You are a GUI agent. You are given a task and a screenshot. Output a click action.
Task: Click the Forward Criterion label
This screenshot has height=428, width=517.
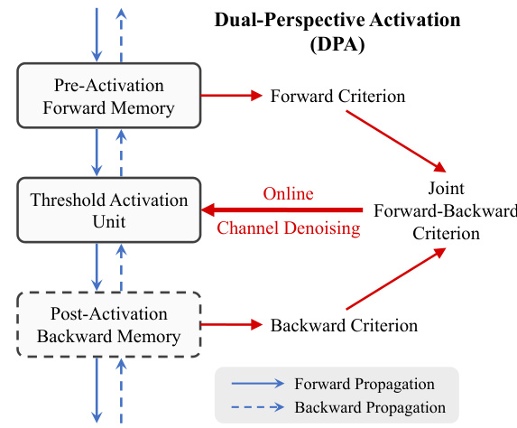(x=337, y=97)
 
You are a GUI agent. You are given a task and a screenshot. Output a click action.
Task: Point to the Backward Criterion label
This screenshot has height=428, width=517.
(x=344, y=325)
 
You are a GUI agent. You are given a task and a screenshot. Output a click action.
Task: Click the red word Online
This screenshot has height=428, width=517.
(x=288, y=194)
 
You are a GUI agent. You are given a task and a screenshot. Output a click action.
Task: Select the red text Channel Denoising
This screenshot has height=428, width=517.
(x=289, y=228)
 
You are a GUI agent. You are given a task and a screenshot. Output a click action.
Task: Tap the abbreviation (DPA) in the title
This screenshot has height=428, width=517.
(x=337, y=44)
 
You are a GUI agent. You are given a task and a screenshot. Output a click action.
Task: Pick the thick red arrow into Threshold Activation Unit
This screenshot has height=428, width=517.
(x=282, y=209)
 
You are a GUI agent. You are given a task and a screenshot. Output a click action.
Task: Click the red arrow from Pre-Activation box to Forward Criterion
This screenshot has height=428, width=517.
(x=232, y=96)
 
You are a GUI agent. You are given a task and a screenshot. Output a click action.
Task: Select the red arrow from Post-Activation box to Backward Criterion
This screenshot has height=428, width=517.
(x=232, y=325)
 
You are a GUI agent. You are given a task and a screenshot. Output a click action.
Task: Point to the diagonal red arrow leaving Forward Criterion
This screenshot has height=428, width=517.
(x=396, y=141)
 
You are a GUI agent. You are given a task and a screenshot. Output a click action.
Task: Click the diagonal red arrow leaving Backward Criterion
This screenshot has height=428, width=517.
(x=396, y=279)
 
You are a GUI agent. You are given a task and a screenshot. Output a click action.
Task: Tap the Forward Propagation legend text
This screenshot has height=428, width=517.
(x=365, y=384)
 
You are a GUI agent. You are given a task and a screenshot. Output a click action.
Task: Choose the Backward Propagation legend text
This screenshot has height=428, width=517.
(x=370, y=407)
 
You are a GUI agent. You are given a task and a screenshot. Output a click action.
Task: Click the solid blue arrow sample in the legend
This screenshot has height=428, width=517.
(x=258, y=384)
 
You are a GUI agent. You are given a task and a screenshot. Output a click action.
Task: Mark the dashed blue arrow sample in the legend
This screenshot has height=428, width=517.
(x=258, y=407)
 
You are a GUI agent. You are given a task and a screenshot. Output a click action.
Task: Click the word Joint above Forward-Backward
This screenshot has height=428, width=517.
(x=446, y=189)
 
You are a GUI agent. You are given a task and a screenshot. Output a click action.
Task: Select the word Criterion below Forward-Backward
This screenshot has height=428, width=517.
(x=446, y=233)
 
